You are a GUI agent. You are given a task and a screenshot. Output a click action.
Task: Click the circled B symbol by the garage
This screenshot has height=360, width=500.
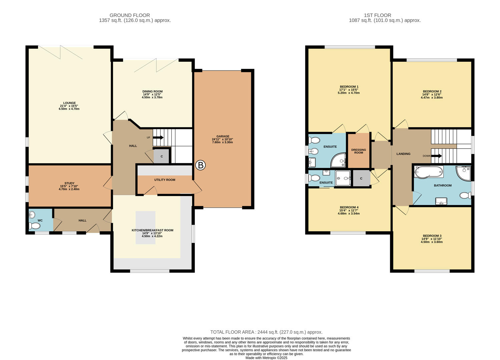click(x=200, y=165)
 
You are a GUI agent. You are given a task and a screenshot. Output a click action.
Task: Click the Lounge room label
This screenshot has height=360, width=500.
click(x=69, y=103)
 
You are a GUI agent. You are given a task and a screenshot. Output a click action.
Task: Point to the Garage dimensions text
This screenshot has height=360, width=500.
click(x=222, y=141)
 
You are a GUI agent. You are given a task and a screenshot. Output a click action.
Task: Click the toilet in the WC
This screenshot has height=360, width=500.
click(x=34, y=226)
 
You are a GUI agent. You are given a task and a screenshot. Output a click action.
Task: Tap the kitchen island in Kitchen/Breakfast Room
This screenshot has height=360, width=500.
click(x=145, y=227)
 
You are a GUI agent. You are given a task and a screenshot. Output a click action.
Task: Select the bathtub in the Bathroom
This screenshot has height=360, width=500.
click(x=429, y=172)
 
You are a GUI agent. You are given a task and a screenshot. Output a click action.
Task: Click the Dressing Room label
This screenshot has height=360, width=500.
click(x=359, y=151)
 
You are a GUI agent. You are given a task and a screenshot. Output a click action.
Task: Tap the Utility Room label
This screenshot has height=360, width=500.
click(x=164, y=180)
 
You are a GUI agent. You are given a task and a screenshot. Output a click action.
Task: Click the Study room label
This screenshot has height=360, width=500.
click(x=69, y=183)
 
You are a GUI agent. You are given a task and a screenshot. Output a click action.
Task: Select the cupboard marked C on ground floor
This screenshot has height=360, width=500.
click(x=162, y=156)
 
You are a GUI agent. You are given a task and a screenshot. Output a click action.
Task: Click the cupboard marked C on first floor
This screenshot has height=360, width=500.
click(x=361, y=179)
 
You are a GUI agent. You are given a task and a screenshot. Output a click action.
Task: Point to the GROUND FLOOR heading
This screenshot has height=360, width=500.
click(x=130, y=15)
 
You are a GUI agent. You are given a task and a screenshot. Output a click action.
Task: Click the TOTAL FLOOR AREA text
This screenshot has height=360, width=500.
click(x=266, y=332)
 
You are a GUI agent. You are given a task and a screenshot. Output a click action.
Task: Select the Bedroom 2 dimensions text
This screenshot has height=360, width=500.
click(x=432, y=96)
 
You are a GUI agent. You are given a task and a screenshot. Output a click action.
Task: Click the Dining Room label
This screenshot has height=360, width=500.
click(x=152, y=91)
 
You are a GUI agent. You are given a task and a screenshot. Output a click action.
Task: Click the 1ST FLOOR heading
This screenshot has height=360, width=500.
click(x=378, y=15)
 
